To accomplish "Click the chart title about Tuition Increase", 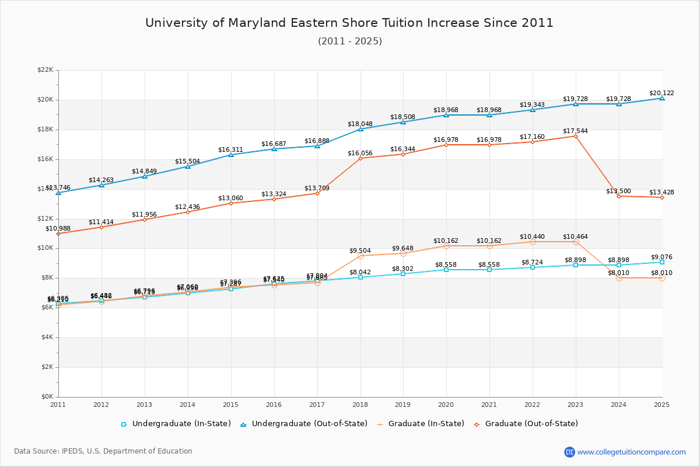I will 349,23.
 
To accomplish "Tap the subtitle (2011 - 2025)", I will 349,41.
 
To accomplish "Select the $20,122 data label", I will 661,93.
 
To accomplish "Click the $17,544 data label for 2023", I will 575,131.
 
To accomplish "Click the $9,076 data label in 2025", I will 661,257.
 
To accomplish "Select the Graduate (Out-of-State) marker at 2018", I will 360,158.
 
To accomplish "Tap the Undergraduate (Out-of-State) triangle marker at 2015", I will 231,155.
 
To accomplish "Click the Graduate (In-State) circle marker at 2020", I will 446,246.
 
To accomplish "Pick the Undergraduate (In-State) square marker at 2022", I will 533,267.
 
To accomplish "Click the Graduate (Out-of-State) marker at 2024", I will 619,196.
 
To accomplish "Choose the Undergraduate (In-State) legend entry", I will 176,424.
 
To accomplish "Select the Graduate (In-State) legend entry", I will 420,424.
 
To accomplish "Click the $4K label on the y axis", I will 47,337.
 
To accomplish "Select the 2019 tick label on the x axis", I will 403,405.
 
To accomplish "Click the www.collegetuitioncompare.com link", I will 631,452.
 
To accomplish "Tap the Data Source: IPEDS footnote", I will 103,451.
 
